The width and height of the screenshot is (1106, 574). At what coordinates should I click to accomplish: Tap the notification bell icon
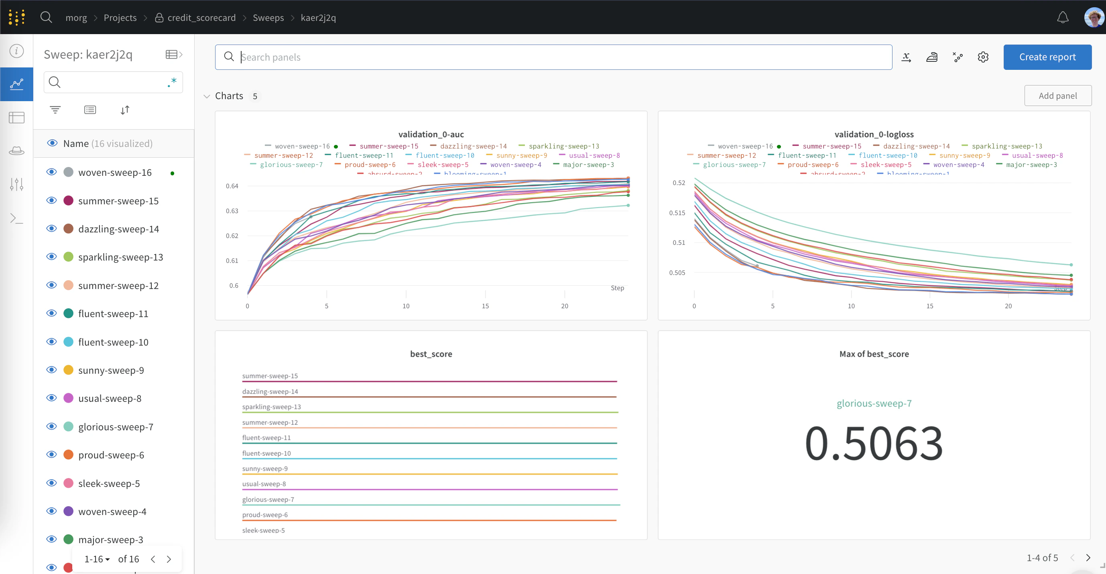click(1062, 18)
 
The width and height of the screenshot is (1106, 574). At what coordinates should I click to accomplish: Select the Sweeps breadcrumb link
click(268, 18)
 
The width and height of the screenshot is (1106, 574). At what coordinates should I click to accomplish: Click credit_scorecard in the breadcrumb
click(201, 18)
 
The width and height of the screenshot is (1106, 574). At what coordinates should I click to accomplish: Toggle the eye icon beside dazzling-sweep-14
click(51, 228)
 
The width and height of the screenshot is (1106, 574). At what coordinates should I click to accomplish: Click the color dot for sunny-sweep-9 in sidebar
click(68, 370)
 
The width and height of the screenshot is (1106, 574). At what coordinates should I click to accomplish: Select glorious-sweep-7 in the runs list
click(116, 427)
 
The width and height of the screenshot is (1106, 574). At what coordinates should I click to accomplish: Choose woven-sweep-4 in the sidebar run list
click(112, 511)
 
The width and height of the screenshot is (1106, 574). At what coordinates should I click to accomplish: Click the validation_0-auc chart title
click(431, 134)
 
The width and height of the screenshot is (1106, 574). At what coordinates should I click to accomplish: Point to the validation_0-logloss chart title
click(874, 134)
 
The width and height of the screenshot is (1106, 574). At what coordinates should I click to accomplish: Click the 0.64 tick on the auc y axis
click(232, 186)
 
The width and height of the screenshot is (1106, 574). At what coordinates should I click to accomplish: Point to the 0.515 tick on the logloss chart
click(677, 213)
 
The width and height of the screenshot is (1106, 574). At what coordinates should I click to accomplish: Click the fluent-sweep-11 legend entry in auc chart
click(363, 155)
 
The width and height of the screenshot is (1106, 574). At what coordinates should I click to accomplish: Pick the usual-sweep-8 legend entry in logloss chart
click(1037, 155)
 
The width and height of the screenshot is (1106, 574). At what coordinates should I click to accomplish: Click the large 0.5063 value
click(874, 443)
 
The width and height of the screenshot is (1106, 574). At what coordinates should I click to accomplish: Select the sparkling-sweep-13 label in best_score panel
click(271, 407)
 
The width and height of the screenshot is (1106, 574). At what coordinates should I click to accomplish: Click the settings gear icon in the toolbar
click(983, 57)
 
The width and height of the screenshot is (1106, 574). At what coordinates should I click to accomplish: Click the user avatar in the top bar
click(1093, 18)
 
